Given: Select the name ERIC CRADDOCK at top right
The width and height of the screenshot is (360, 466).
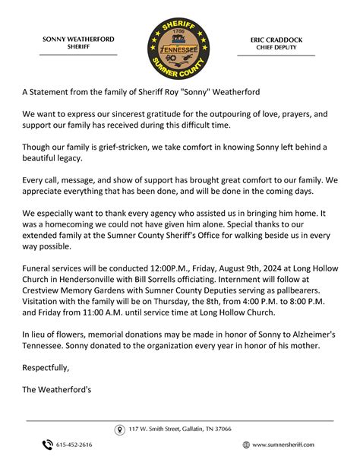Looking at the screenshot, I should coord(276,39).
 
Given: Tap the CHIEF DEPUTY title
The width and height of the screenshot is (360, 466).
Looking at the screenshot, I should coord(276,47).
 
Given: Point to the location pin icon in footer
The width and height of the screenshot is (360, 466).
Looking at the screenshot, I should coord(119,430).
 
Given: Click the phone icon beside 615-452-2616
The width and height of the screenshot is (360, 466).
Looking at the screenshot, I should coord(47,445).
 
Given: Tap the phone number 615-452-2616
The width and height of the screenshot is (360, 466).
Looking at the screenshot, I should coord(75,445).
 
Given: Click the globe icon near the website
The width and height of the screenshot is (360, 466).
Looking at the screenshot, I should coord(246,445).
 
